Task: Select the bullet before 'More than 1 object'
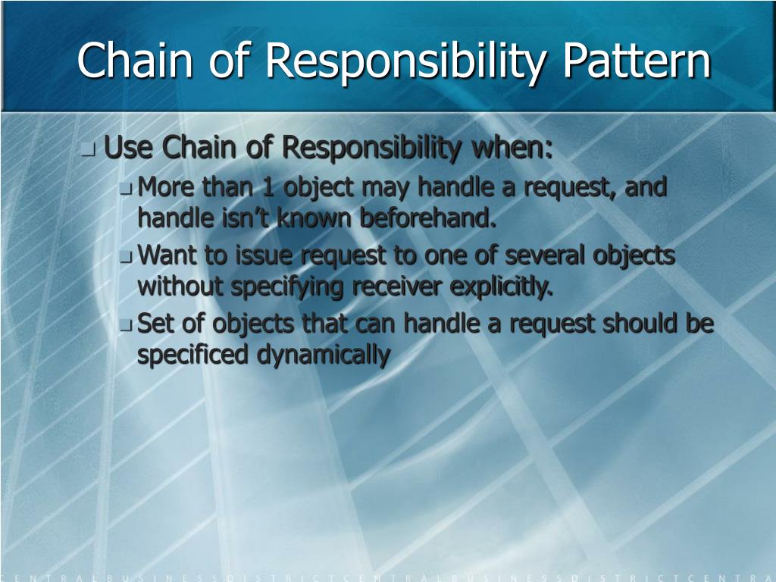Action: pyautogui.click(x=126, y=189)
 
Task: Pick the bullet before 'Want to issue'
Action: pyautogui.click(x=126, y=258)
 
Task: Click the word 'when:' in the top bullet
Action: pyautogui.click(x=513, y=149)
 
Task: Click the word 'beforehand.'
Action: pyautogui.click(x=428, y=218)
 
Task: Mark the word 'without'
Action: pyautogui.click(x=180, y=286)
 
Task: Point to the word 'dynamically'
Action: pyautogui.click(x=324, y=355)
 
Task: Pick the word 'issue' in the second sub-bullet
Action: pyautogui.click(x=267, y=255)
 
